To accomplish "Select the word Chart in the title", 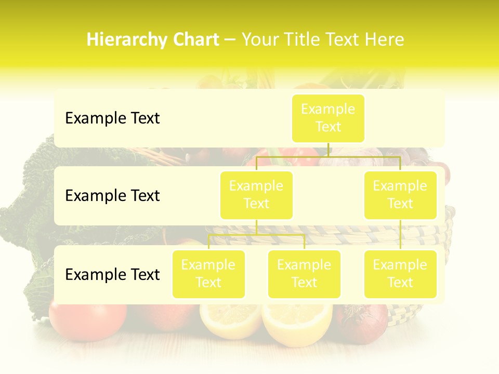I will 194,39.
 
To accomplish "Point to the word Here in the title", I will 385,39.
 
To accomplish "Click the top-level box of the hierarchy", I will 328,118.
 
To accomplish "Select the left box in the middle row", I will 256,195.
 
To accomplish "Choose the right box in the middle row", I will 400,195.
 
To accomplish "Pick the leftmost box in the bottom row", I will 208,274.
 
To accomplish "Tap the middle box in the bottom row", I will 304,274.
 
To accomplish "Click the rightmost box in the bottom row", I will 400,274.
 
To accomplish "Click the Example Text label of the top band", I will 112,118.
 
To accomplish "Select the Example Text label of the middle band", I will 112,195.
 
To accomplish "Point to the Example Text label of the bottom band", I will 112,274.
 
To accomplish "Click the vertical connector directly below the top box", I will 329,150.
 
